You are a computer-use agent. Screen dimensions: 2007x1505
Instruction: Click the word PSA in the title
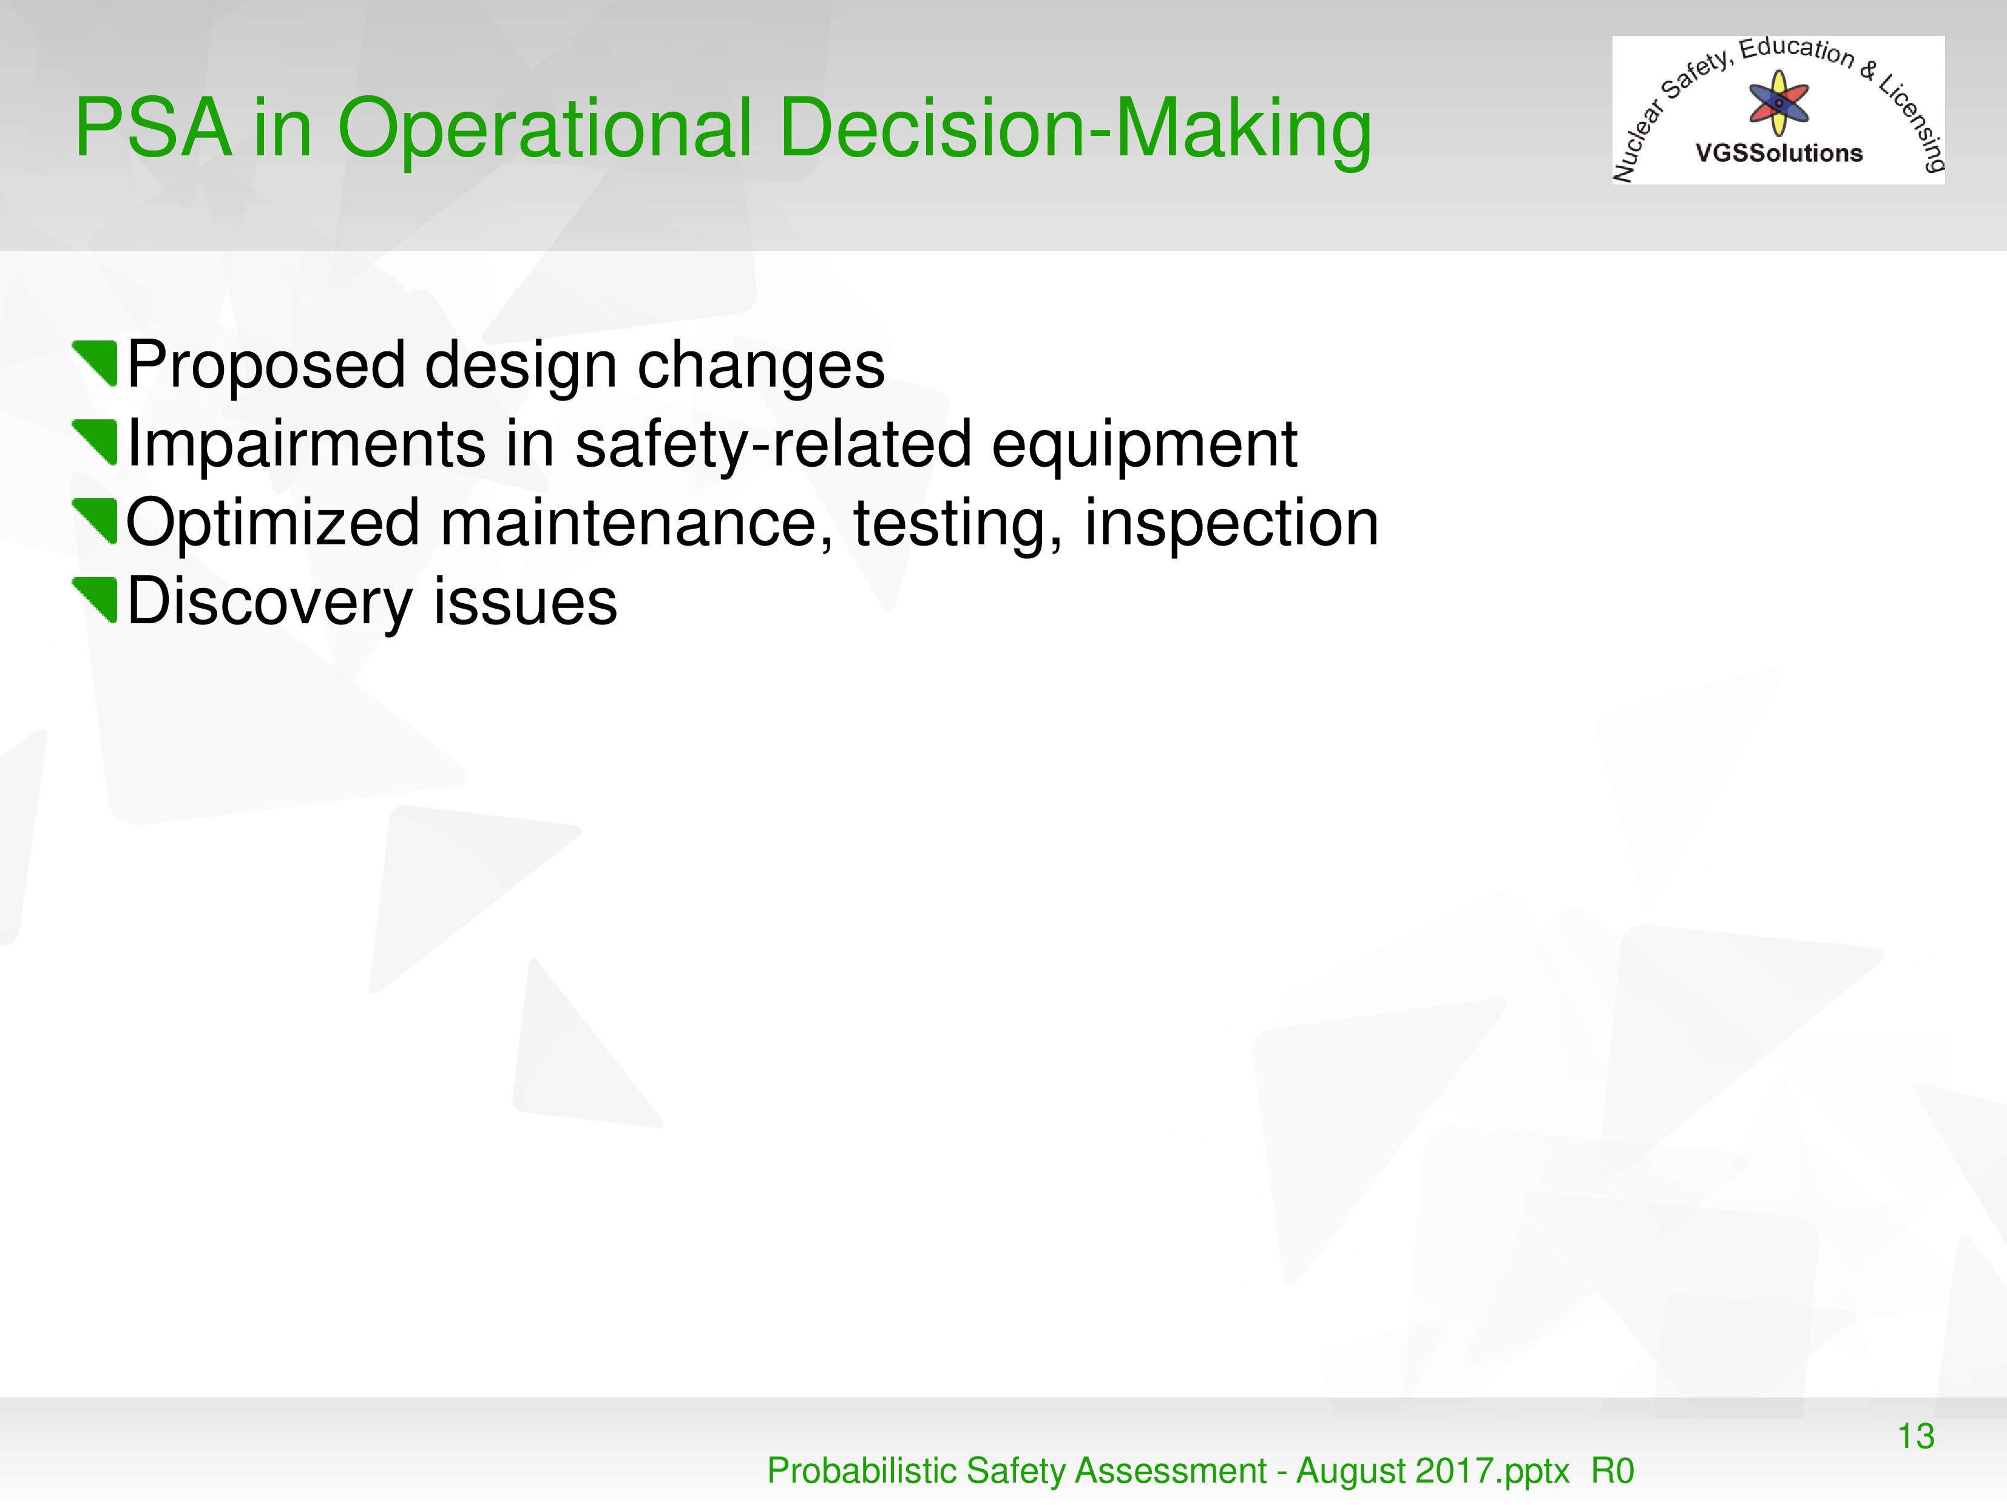[152, 128]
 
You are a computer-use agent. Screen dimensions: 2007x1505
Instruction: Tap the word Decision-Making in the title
[1075, 132]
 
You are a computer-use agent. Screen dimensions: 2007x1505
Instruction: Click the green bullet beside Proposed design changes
[95, 364]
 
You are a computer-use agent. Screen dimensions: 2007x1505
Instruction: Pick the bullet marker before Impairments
[95, 442]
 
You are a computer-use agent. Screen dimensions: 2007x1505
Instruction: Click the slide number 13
[1916, 1437]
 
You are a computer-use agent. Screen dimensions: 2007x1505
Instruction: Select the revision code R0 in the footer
[1613, 1470]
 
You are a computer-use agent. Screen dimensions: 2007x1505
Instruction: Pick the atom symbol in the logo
[1779, 103]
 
